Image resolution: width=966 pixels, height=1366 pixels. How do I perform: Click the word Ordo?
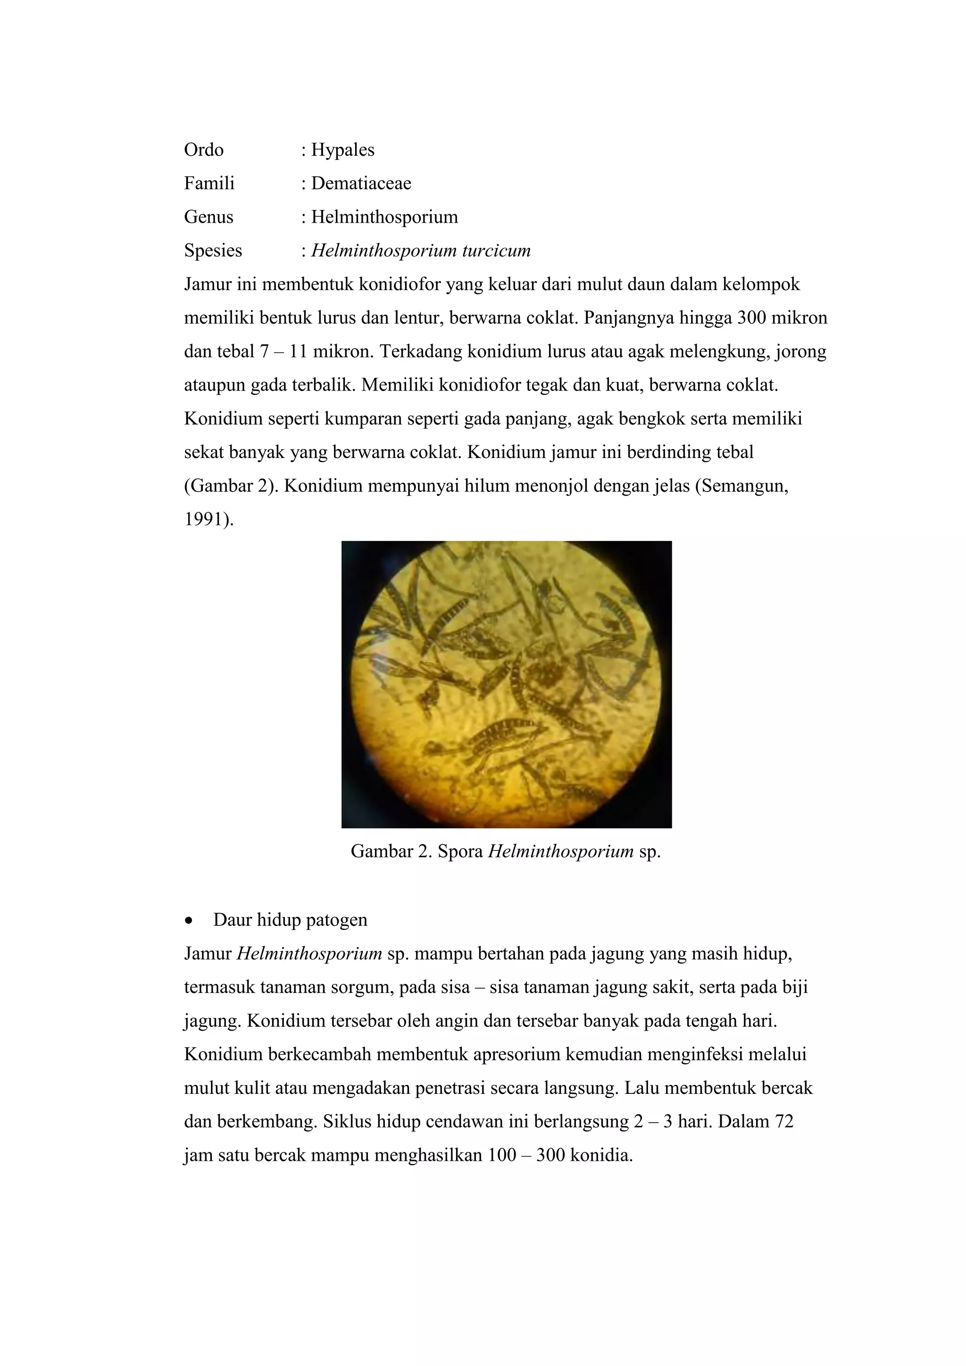click(203, 150)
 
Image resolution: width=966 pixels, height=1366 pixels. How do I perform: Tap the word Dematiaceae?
click(361, 183)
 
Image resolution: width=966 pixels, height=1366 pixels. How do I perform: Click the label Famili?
click(209, 183)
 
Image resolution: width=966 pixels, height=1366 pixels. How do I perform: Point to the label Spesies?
click(212, 250)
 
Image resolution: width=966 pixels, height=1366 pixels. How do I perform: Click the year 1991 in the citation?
click(205, 519)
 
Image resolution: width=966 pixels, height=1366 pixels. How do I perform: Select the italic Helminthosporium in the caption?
click(560, 851)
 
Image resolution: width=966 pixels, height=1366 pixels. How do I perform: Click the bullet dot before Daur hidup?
click(189, 920)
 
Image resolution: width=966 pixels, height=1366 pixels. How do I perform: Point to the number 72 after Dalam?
click(784, 1122)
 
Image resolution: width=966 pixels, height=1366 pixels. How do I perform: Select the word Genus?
click(208, 217)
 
